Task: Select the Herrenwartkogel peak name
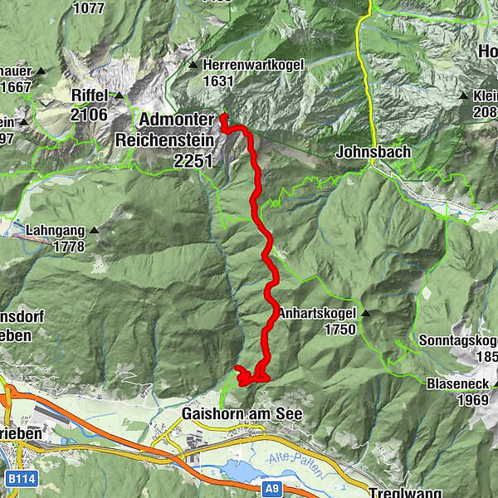[x=253, y=64]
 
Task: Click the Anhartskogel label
[x=317, y=314]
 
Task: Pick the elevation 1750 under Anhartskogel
[x=340, y=330]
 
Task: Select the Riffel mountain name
[x=90, y=95]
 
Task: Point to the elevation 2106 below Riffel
[x=90, y=115]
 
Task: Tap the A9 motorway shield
[x=272, y=490]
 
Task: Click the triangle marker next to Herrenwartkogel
[x=193, y=65]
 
